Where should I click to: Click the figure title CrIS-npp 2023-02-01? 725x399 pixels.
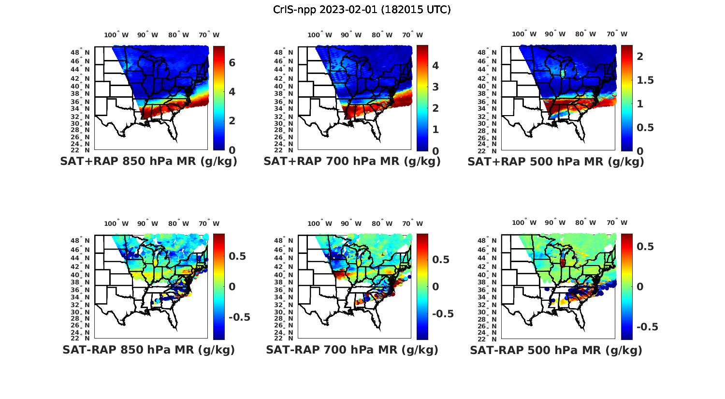pyautogui.click(x=362, y=10)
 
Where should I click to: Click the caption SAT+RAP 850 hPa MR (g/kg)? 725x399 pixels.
pyautogui.click(x=148, y=162)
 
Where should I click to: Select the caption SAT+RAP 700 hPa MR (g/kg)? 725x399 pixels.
pyautogui.click(x=352, y=162)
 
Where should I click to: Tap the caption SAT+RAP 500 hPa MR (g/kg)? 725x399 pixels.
pyautogui.click(x=556, y=162)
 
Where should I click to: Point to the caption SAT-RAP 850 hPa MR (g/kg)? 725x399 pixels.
pyautogui.click(x=148, y=350)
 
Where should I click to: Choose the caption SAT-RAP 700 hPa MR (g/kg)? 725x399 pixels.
pyautogui.click(x=352, y=350)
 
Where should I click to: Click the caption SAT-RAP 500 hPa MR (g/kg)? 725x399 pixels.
pyautogui.click(x=556, y=350)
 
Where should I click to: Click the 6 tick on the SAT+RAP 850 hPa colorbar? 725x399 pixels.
pyautogui.click(x=232, y=63)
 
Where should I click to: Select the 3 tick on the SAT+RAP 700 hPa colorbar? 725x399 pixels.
pyautogui.click(x=435, y=87)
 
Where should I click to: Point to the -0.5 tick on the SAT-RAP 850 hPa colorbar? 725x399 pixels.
pyautogui.click(x=239, y=317)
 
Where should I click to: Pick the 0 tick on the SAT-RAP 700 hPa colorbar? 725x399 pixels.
pyautogui.click(x=435, y=286)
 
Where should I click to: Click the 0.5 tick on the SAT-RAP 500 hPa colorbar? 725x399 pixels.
pyautogui.click(x=644, y=247)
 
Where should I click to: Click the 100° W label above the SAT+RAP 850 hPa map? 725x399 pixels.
pyautogui.click(x=116, y=35)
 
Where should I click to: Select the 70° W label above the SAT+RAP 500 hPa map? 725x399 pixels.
pyautogui.click(x=617, y=34)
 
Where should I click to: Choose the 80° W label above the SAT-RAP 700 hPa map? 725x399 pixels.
pyautogui.click(x=382, y=223)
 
